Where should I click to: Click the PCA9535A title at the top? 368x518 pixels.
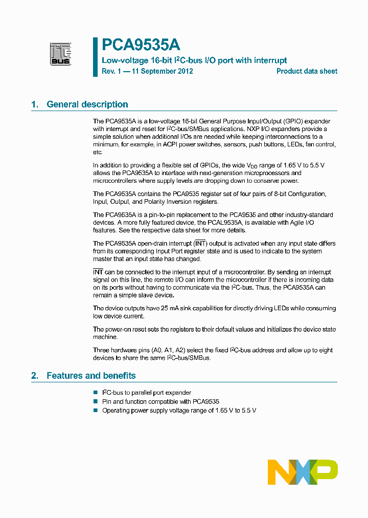pos(141,46)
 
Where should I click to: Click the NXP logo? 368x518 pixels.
pos(303,472)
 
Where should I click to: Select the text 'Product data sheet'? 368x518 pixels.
pos(307,71)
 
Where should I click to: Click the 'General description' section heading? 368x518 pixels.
pos(87,104)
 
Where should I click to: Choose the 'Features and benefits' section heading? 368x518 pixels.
pos(91,376)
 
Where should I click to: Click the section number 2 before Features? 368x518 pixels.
pos(34,376)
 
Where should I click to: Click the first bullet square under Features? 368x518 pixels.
pos(95,393)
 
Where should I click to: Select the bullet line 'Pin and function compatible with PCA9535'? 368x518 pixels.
pos(160,402)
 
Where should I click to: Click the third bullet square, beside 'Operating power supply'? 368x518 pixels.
pos(95,411)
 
